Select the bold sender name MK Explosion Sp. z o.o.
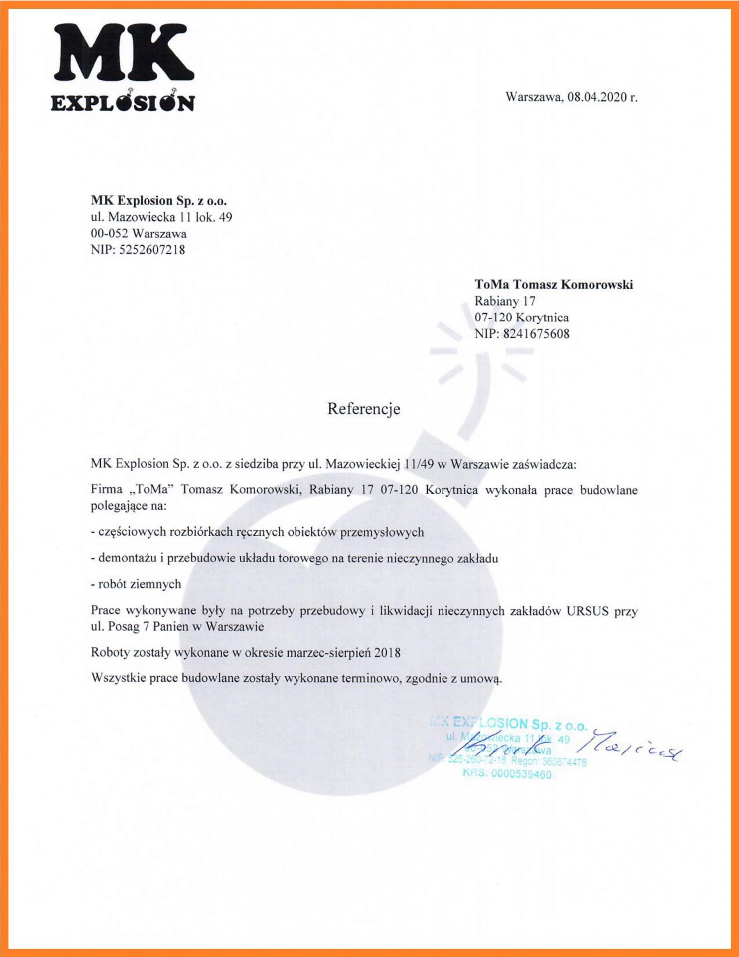tap(158, 201)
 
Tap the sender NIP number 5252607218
tap(152, 250)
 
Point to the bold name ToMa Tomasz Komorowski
tap(554, 285)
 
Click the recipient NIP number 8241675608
tap(536, 334)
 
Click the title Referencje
tap(363, 409)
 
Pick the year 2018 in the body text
tap(387, 653)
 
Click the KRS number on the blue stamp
tap(521, 774)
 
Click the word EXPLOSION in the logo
tap(123, 103)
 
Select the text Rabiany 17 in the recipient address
tap(504, 301)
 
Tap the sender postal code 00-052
tap(109, 233)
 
